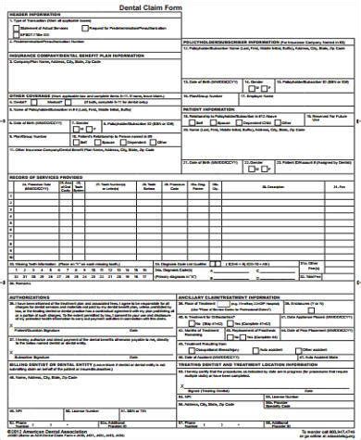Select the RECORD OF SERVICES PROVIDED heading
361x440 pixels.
pos(48,175)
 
